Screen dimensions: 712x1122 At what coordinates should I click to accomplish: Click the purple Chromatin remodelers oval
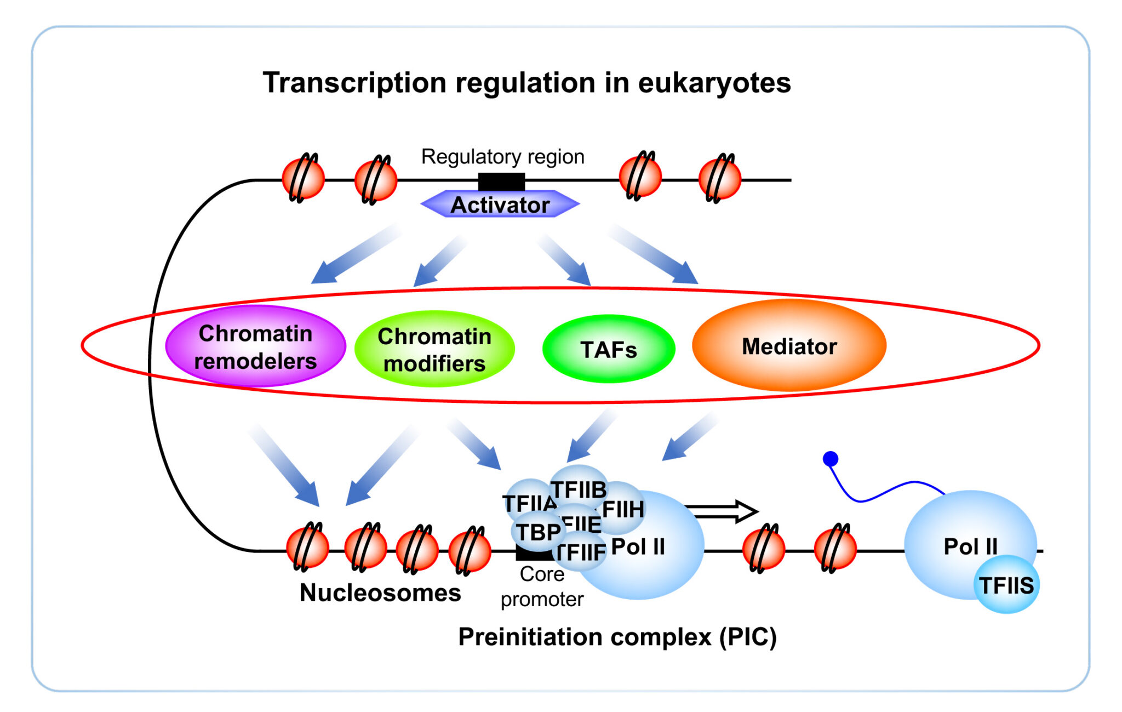255,346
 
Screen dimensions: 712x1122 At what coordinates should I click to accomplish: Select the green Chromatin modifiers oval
434,349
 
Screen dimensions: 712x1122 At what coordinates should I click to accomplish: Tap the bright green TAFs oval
608,349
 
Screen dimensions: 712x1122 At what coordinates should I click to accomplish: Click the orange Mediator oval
789,346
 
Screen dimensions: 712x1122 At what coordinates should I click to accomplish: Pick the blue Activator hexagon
500,204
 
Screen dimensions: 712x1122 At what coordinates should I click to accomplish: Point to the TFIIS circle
1006,585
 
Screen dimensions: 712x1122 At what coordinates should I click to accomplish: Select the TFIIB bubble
579,488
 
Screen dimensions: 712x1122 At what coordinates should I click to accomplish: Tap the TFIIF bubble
581,552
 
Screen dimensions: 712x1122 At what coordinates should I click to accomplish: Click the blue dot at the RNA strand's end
831,459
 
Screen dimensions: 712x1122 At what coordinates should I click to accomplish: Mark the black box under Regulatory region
501,181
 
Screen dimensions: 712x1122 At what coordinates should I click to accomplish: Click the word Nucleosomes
380,593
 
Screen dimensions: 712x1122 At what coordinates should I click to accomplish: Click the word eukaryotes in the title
714,83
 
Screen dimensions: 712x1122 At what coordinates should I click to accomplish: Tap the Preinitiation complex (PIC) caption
617,637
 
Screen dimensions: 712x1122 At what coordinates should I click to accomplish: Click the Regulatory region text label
502,157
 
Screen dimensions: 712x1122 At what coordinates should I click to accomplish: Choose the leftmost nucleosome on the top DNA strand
303,178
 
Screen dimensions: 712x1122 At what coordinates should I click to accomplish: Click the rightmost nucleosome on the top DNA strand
719,178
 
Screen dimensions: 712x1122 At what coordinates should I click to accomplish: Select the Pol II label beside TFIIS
970,546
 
